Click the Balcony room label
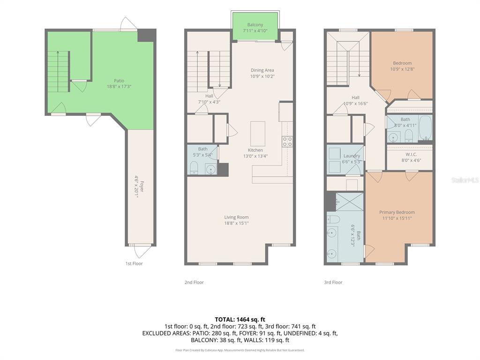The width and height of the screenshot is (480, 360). (x=255, y=25)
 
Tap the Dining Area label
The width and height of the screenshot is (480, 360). (x=262, y=70)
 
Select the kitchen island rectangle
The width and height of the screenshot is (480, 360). (x=258, y=134)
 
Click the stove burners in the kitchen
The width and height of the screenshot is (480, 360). (x=287, y=142)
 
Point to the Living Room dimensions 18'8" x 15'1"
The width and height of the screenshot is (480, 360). (x=236, y=223)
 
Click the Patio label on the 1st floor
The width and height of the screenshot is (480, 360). (x=119, y=81)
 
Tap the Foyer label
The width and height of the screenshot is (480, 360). (x=142, y=187)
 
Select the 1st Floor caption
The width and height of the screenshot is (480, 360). (x=134, y=263)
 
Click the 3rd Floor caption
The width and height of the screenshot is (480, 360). (x=333, y=282)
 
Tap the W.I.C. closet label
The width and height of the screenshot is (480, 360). (x=411, y=154)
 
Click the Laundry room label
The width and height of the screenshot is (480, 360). (x=352, y=156)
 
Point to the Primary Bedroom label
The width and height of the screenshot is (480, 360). (x=397, y=212)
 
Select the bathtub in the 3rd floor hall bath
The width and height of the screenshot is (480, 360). (x=425, y=128)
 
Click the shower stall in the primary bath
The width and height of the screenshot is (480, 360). (x=350, y=202)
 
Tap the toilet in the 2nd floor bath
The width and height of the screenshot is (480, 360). (x=194, y=168)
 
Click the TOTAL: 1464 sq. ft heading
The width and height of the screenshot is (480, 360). (x=240, y=320)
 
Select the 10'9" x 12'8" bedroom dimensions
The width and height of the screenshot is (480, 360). (x=402, y=69)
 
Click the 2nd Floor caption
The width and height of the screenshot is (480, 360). (x=194, y=282)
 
